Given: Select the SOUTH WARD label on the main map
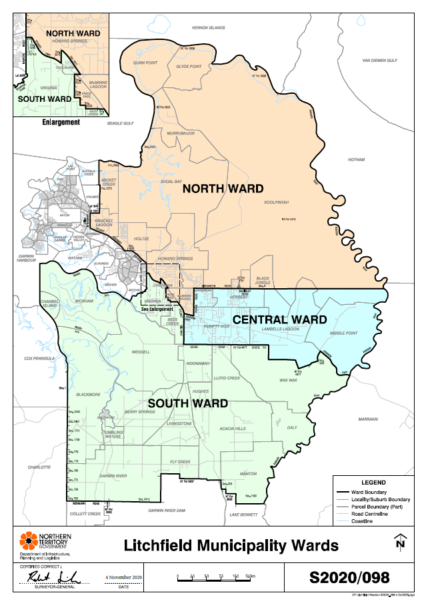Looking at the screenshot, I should (x=188, y=403).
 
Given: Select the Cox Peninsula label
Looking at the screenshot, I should (x=38, y=359).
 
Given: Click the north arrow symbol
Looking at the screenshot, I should (x=400, y=542).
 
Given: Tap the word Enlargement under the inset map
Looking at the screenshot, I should (x=61, y=122).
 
